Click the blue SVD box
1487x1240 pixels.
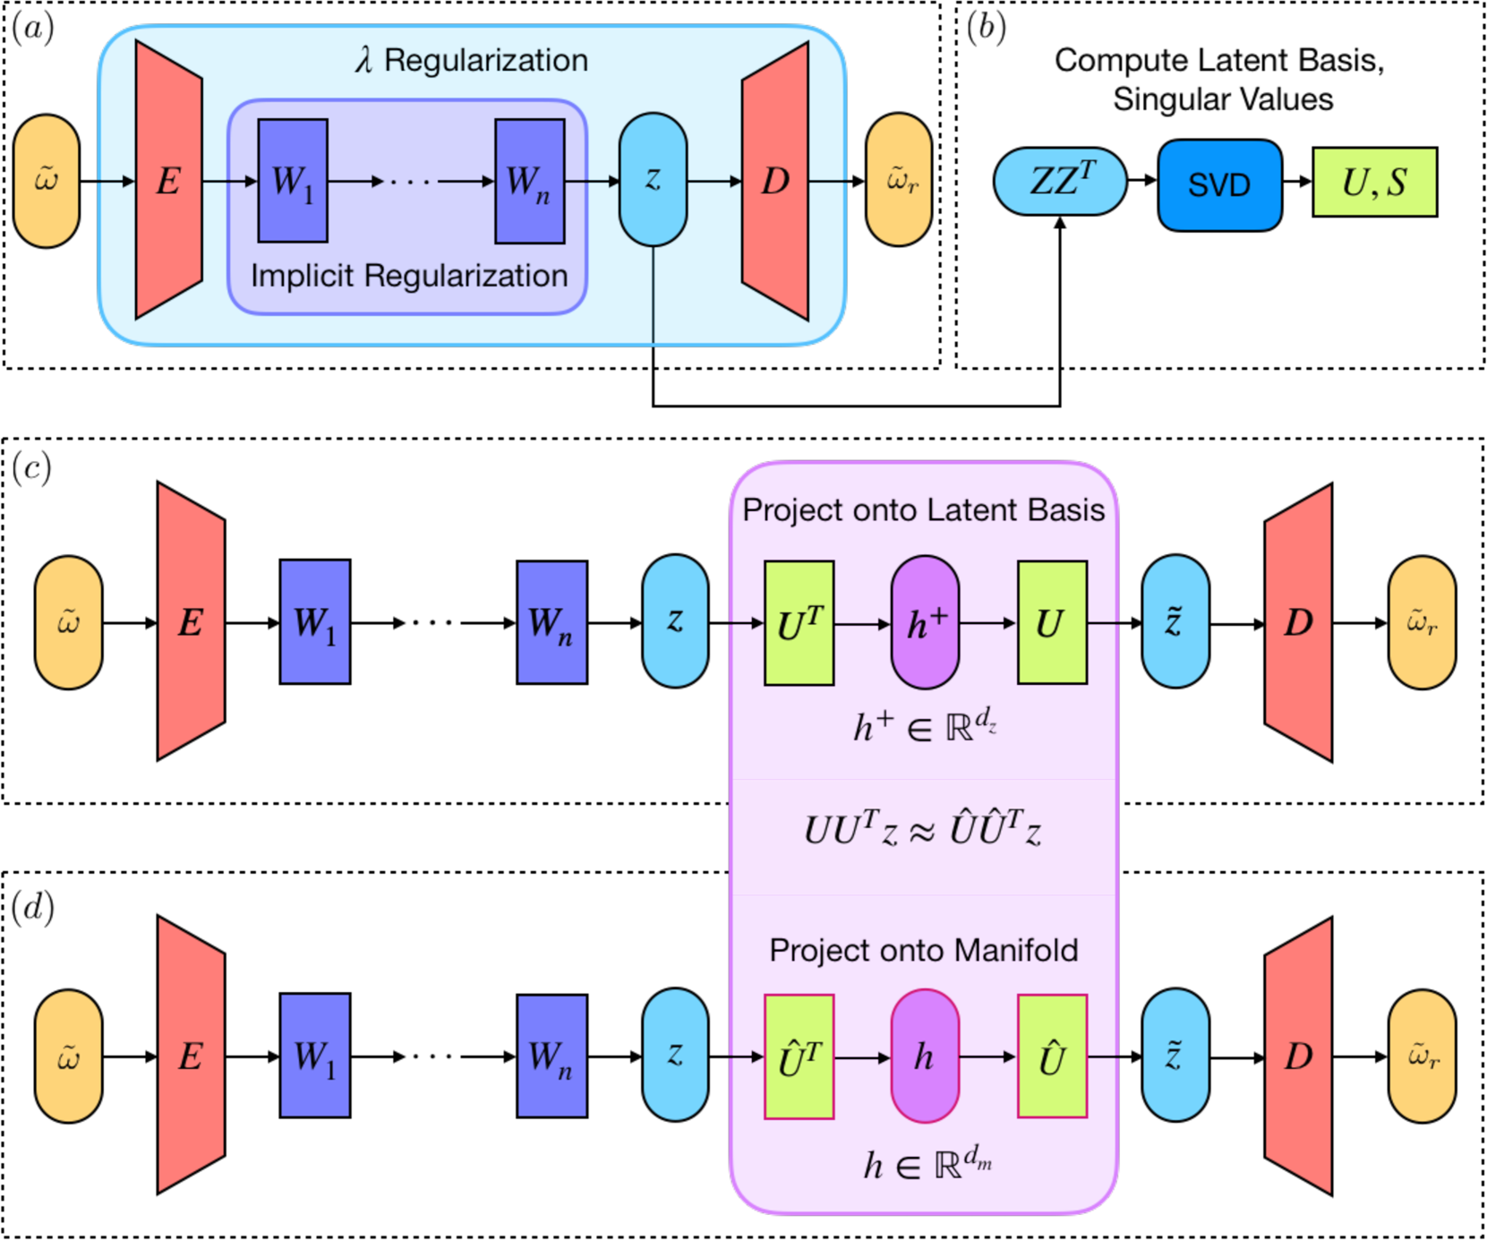tap(1219, 184)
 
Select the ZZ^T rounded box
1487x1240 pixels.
tap(1060, 182)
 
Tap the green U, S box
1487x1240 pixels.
tap(1374, 182)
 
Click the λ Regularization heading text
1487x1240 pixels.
tap(471, 60)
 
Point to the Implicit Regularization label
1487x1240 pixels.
tap(409, 276)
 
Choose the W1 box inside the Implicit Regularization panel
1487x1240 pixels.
tap(293, 181)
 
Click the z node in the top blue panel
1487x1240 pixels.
tap(653, 179)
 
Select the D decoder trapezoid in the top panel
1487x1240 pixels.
tap(775, 181)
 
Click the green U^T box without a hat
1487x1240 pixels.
tap(799, 623)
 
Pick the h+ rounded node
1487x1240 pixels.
tap(925, 623)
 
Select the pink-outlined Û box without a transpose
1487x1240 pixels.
tap(1052, 1056)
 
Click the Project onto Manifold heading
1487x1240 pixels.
tap(923, 950)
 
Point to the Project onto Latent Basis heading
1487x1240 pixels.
tap(923, 510)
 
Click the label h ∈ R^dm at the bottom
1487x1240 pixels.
tap(927, 1164)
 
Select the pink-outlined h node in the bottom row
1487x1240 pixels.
tap(925, 1056)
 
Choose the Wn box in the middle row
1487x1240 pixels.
tap(551, 622)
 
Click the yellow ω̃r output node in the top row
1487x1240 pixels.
tap(899, 180)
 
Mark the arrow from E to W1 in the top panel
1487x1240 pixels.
tap(230, 182)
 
